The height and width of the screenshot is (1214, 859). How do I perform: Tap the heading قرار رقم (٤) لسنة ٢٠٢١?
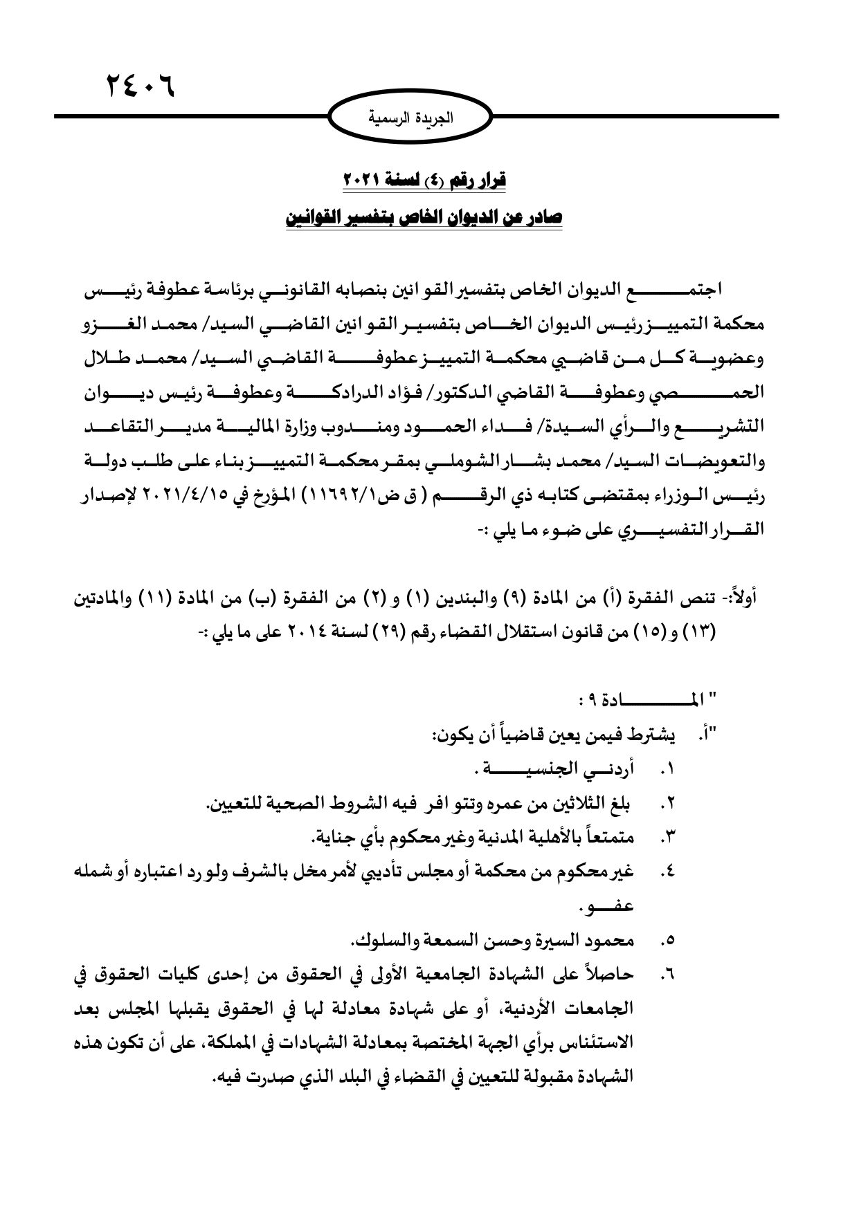click(x=425, y=181)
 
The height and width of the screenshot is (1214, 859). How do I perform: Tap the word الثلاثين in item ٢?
click(x=560, y=804)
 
